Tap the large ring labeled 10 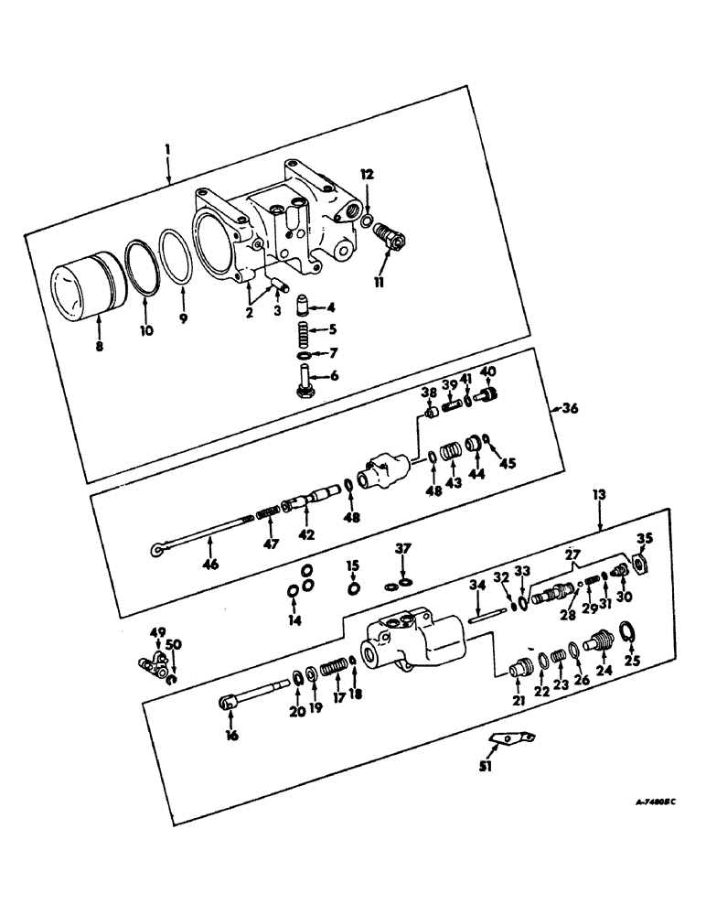pos(140,266)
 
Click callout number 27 pos(573,554)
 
